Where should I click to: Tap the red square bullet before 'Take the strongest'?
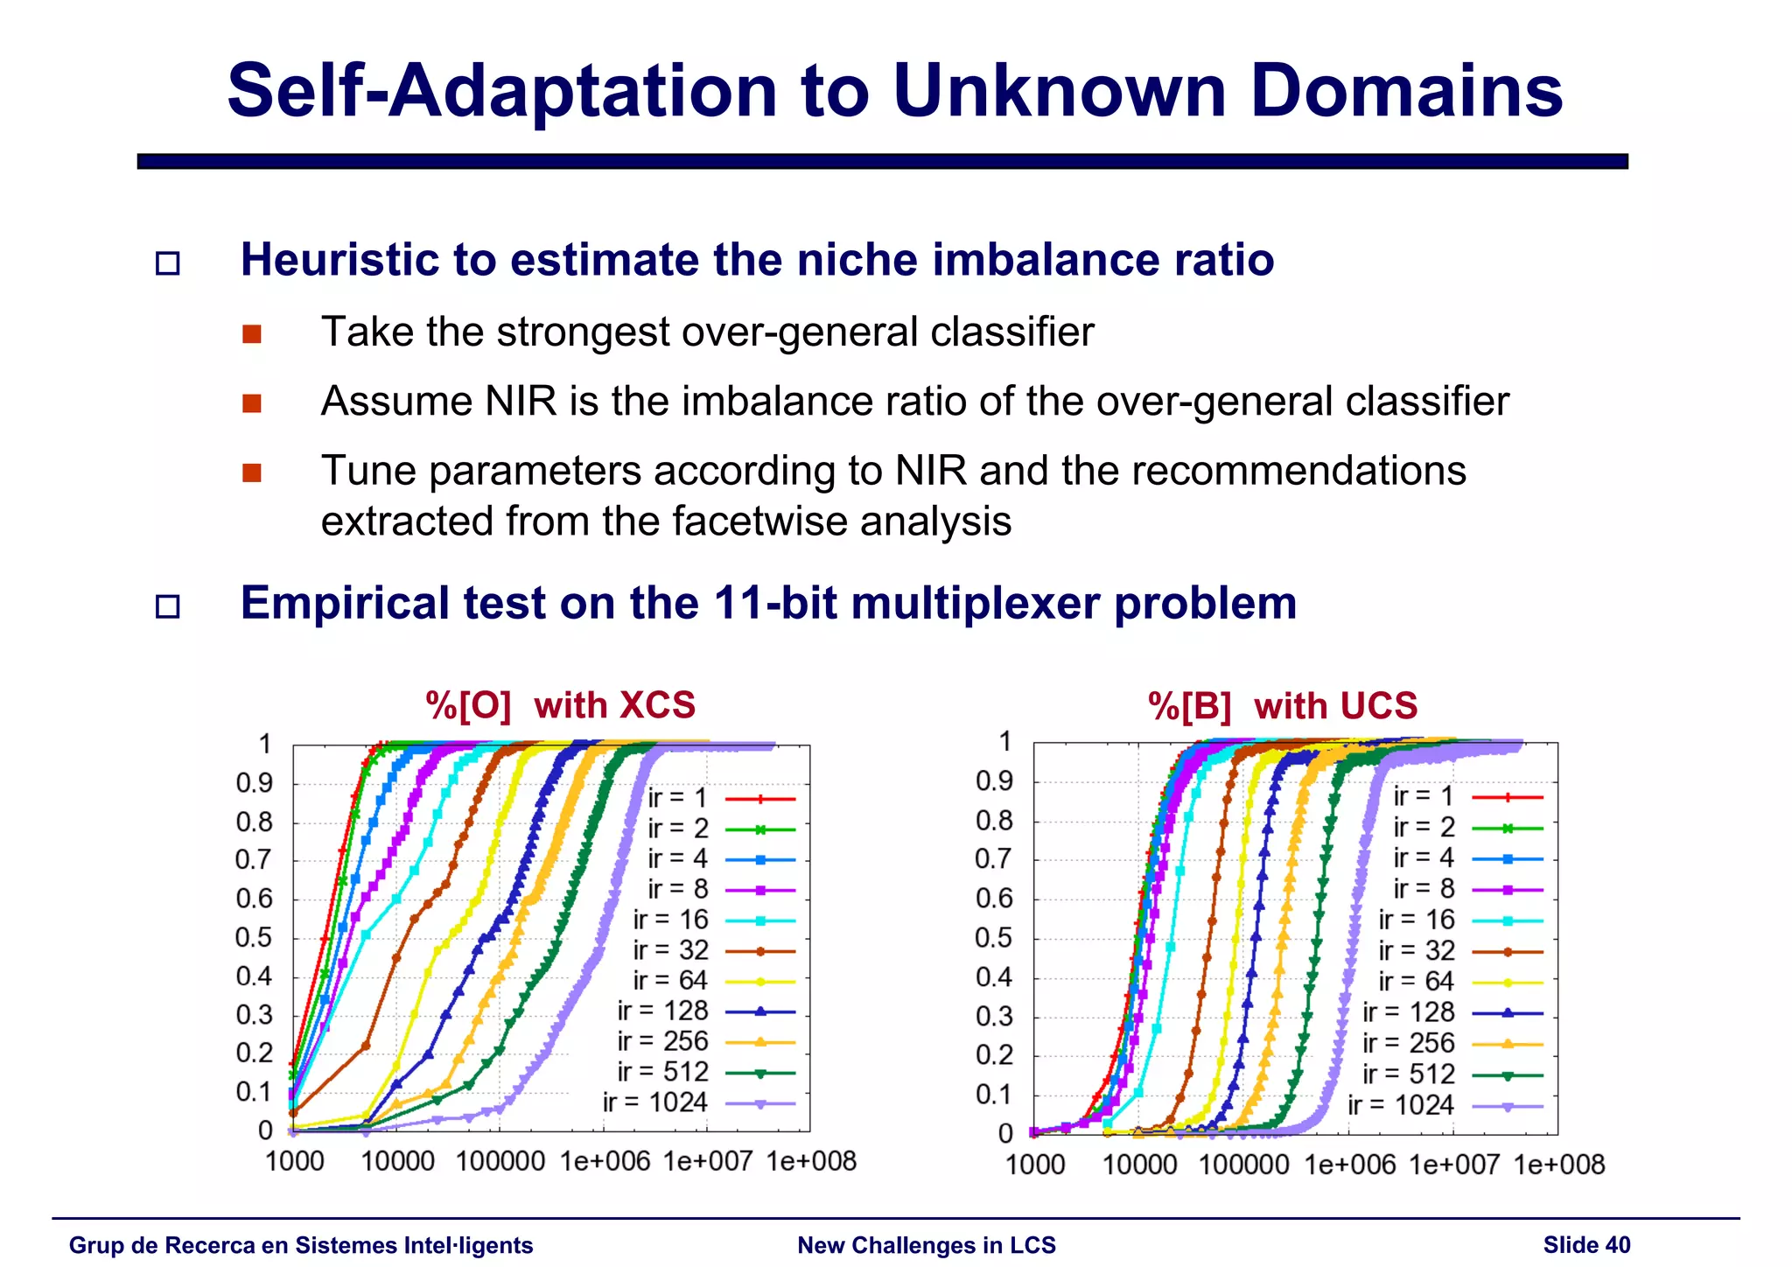(252, 334)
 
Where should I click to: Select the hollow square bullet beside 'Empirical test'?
(167, 605)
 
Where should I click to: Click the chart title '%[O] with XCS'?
(560, 705)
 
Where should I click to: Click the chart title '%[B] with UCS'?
(1282, 705)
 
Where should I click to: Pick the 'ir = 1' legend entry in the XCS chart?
(677, 798)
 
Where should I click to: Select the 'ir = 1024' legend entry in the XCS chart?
(654, 1102)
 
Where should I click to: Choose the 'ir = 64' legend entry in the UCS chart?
(1416, 981)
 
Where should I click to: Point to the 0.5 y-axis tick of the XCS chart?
(254, 937)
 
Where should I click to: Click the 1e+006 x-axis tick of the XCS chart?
(605, 1161)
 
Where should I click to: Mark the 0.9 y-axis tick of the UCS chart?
(994, 781)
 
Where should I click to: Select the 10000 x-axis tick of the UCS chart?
(1139, 1165)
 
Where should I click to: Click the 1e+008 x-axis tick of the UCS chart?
(1559, 1165)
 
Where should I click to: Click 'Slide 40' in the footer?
(1586, 1245)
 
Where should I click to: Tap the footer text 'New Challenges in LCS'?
(926, 1245)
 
